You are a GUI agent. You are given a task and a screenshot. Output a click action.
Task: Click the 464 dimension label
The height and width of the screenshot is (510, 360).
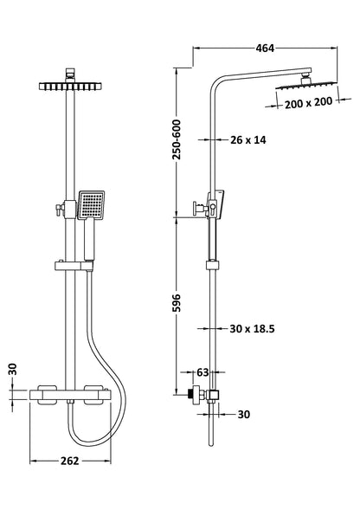point(264,48)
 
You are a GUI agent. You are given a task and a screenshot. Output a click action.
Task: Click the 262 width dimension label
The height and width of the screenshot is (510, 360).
point(72,460)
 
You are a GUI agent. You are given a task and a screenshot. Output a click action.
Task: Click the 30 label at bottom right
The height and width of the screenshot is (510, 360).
point(243,414)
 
